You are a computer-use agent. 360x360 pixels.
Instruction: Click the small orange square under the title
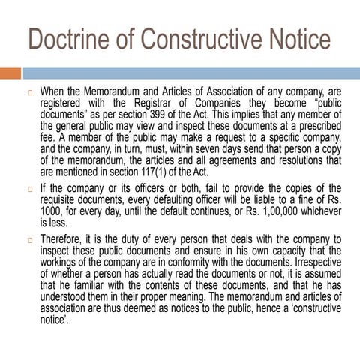pyautogui.click(x=10, y=73)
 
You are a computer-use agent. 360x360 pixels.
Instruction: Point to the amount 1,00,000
pyautogui.click(x=273, y=212)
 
